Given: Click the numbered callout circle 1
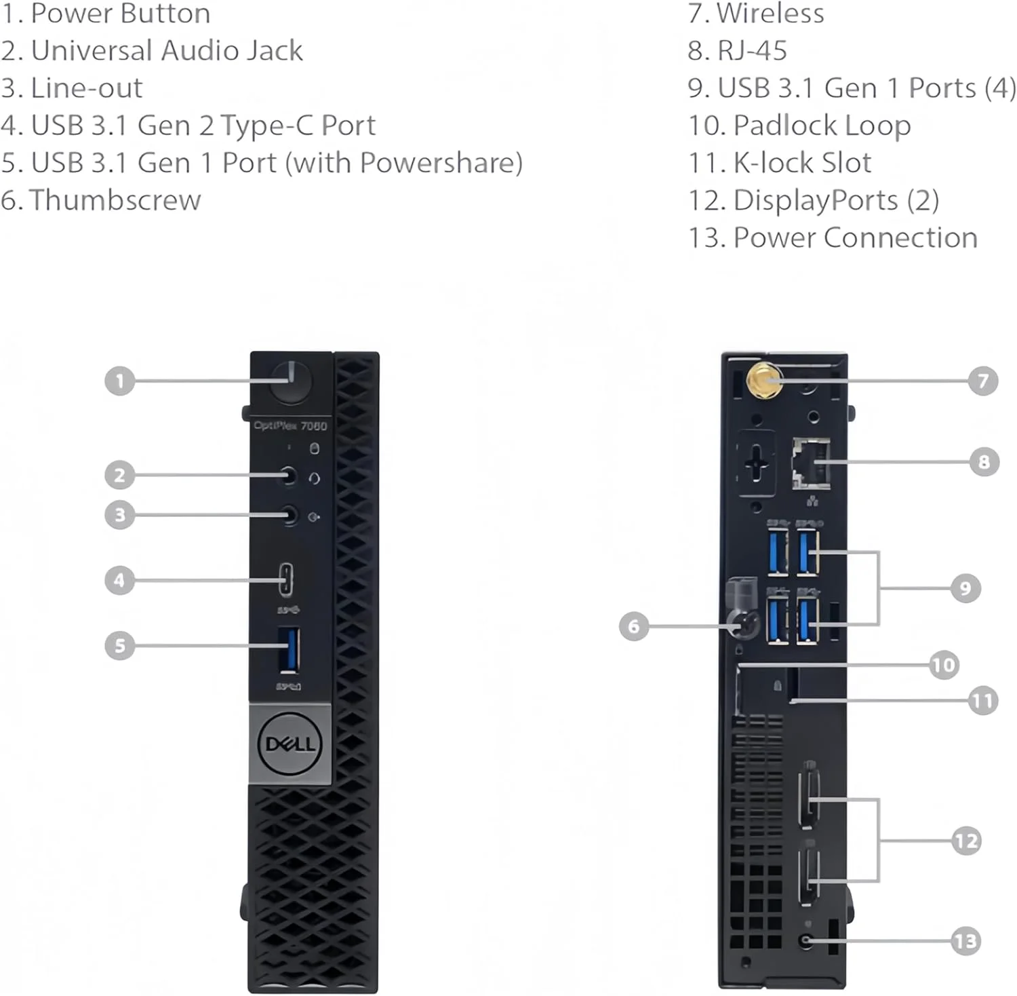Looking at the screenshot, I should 119,381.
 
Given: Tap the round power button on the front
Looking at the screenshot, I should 291,382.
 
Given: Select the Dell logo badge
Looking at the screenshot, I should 290,744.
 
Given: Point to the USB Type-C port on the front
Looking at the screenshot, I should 287,579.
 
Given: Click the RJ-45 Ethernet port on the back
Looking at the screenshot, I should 812,463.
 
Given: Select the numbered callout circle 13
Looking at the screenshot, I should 965,941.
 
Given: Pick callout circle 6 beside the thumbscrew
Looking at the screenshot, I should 634,626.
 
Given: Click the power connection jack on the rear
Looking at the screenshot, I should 806,941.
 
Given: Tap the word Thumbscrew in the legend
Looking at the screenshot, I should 115,200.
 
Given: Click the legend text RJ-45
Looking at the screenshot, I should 752,51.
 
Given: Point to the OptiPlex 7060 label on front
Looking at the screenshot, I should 290,425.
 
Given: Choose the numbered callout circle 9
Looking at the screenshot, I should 965,588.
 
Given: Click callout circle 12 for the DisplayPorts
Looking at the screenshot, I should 966,841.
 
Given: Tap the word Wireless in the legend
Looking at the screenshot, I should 770,14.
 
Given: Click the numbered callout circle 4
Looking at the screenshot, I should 119,580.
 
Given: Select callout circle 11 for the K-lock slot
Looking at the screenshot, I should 983,700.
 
